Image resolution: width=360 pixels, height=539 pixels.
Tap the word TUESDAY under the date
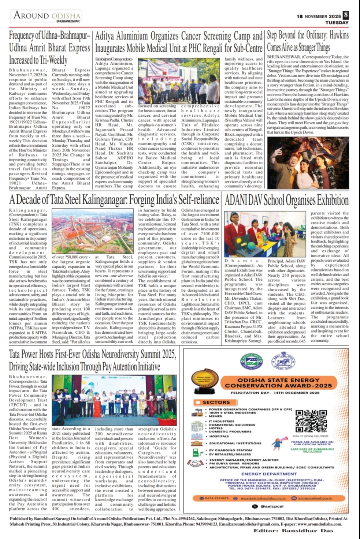(x=337, y=23)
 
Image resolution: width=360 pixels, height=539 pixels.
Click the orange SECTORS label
(x=216, y=402)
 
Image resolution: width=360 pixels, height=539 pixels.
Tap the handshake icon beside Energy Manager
(x=196, y=463)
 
